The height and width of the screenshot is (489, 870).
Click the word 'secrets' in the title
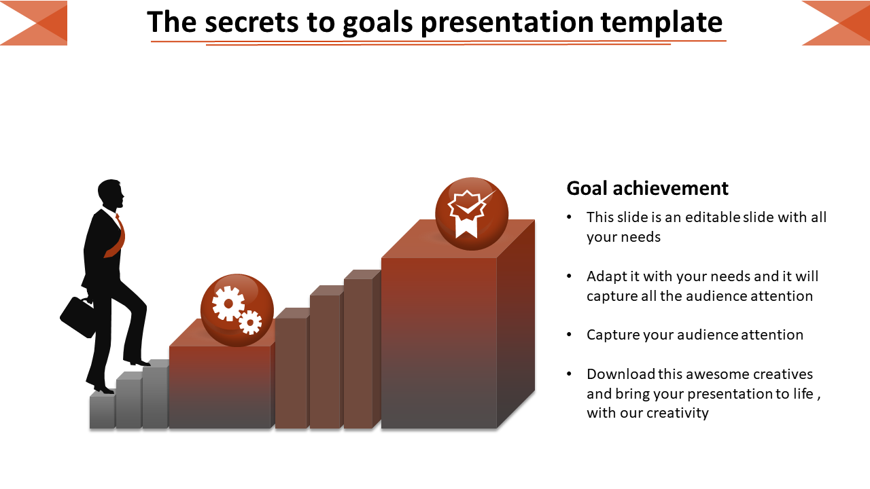251,22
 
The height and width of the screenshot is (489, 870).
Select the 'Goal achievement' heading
647,188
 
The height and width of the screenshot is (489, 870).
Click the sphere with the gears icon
237,310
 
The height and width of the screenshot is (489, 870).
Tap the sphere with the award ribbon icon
472,214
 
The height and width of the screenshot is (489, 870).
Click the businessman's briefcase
77,316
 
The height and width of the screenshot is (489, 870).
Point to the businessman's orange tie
116,237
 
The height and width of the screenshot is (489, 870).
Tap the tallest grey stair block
156,395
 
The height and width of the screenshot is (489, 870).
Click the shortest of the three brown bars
292,368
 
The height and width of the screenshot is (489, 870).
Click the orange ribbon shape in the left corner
34,23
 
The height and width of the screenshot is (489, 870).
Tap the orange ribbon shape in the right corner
836,23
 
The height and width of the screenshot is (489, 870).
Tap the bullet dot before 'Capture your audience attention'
570,335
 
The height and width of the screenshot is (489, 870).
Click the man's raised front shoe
139,363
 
